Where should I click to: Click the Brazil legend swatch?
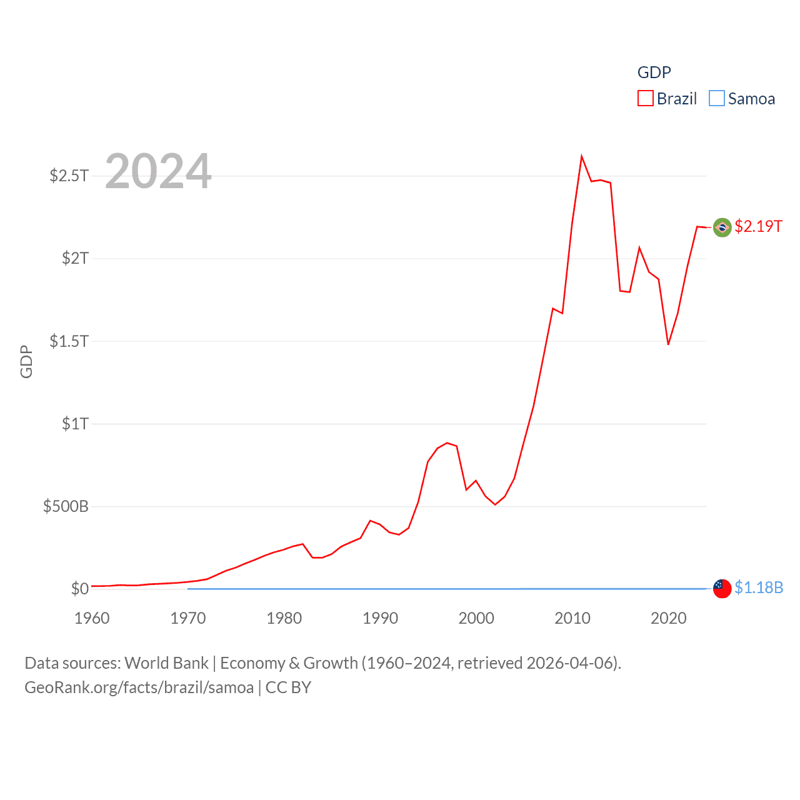pos(645,99)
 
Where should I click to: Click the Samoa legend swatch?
pos(717,99)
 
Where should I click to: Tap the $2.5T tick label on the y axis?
pos(69,176)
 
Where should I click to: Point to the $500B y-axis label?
pos(66,506)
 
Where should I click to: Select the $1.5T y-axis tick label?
pos(69,341)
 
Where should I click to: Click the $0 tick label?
pos(79,589)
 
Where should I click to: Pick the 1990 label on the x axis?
pos(380,619)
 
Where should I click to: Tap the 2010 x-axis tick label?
pos(572,619)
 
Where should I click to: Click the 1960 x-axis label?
pos(92,619)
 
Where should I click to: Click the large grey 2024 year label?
pos(158,171)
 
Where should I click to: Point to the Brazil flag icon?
pos(722,227)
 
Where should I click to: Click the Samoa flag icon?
pos(722,589)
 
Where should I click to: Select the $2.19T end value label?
pos(758,226)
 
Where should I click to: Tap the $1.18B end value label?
pos(759,587)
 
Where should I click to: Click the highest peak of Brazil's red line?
pos(581,157)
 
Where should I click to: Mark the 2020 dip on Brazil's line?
pos(668,344)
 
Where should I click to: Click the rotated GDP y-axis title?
pos(26,361)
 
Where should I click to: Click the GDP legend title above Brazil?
pos(654,72)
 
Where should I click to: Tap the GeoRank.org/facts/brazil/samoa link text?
pos(139,687)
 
